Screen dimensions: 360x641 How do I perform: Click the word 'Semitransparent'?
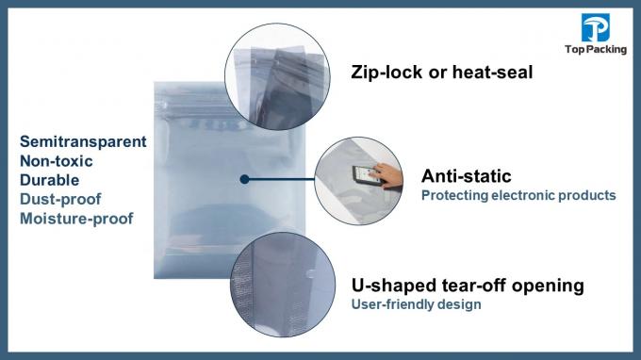click(83, 141)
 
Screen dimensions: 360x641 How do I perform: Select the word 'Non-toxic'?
click(58, 161)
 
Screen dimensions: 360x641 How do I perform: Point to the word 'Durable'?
click(49, 180)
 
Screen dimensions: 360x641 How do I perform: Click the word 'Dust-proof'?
click(59, 200)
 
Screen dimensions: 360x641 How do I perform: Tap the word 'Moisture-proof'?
click(76, 219)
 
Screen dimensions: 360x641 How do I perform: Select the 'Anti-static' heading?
click(466, 175)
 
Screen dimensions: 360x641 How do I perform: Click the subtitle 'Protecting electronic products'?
click(518, 196)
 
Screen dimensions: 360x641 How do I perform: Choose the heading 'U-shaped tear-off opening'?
click(468, 285)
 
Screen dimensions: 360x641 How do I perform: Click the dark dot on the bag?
click(243, 178)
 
